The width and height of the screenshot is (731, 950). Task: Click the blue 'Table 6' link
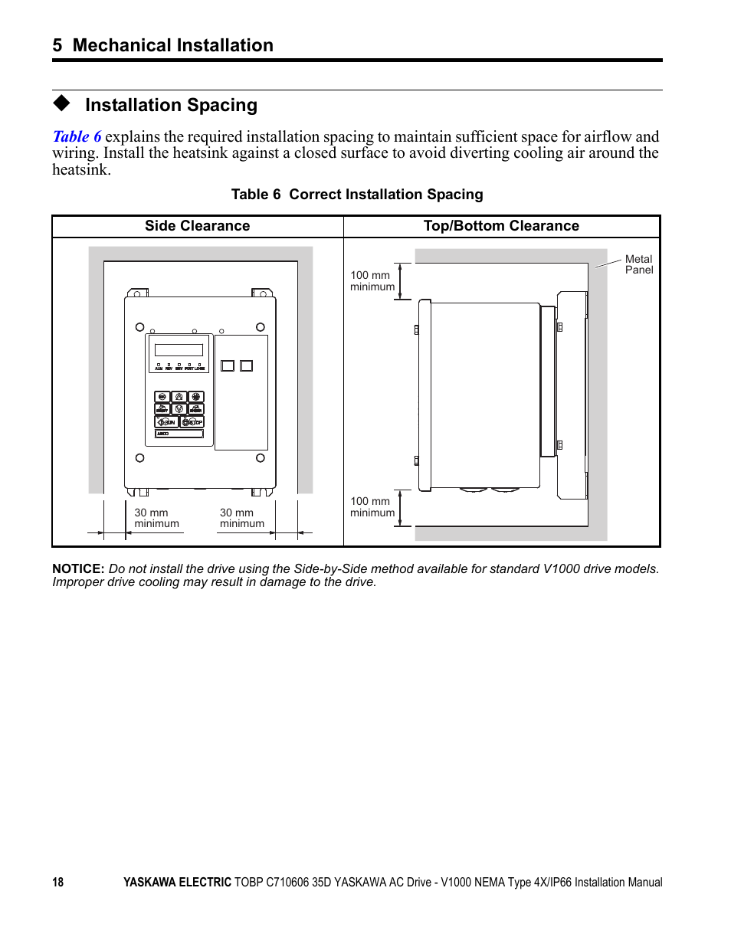[x=77, y=137]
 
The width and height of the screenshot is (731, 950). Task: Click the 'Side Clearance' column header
[x=197, y=226]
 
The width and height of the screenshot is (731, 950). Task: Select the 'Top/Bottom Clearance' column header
[x=501, y=226]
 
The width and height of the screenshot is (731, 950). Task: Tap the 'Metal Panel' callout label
[x=638, y=264]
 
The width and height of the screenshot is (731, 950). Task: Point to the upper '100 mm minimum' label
[x=372, y=281]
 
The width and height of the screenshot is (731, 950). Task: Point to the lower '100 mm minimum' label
[x=372, y=507]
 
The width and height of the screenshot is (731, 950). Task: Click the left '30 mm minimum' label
[x=156, y=519]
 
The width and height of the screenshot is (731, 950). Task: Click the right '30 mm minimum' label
[x=241, y=519]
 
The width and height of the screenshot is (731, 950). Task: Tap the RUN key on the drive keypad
[x=166, y=422]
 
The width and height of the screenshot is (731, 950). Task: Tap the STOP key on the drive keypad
[x=193, y=422]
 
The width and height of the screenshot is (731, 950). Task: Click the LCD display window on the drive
[x=179, y=350]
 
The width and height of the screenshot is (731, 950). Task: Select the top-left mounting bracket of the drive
[x=138, y=293]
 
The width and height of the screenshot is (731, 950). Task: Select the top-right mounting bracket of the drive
[x=262, y=293]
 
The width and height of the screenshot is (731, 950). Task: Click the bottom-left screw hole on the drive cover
[x=139, y=458]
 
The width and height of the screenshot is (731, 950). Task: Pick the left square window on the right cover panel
[x=228, y=366]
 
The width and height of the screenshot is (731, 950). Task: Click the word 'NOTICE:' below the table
[x=78, y=569]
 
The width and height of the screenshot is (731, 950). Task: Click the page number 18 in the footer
[x=58, y=883]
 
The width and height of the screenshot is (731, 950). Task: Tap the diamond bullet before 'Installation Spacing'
[x=61, y=103]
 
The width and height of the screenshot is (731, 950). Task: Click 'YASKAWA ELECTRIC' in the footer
[x=177, y=883]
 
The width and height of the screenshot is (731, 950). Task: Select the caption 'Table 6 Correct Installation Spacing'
[x=357, y=195]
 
